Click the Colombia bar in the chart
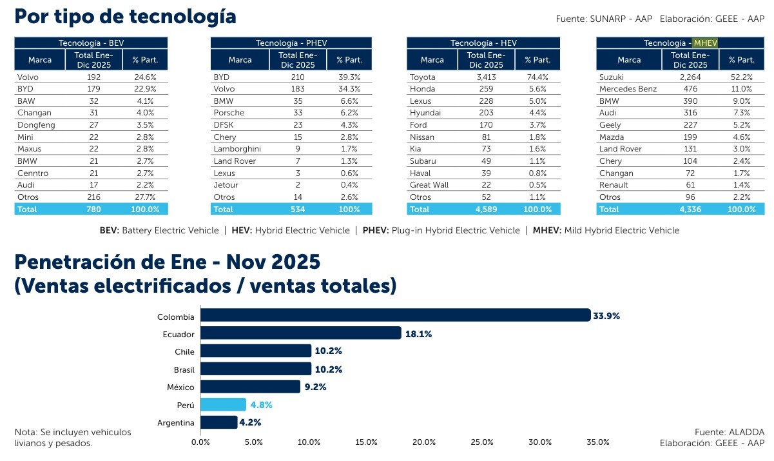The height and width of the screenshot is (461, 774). click(x=395, y=315)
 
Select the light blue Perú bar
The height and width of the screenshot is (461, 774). click(x=223, y=405)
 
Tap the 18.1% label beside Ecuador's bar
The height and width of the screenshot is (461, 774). click(x=418, y=334)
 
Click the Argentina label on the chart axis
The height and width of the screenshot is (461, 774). click(x=176, y=423)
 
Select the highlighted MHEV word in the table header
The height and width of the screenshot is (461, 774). click(x=705, y=43)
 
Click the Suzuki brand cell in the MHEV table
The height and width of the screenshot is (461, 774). click(x=612, y=77)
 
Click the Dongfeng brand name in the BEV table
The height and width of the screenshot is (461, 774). click(x=36, y=125)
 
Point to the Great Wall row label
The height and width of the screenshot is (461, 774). click(x=430, y=185)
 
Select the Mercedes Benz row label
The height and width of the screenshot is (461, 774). click(x=628, y=89)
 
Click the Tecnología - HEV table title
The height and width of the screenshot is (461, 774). click(x=483, y=43)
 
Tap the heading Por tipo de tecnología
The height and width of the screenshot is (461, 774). click(x=125, y=16)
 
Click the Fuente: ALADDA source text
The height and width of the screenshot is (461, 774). click(x=729, y=432)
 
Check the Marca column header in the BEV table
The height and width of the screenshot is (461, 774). click(x=40, y=60)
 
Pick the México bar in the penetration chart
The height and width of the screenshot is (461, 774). click(x=251, y=387)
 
